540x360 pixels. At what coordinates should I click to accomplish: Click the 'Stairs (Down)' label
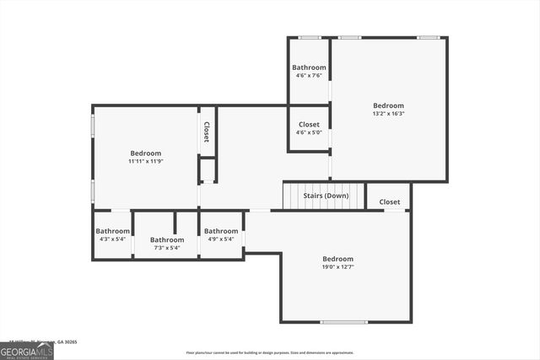(x=326, y=196)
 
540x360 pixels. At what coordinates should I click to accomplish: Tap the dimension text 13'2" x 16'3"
(x=388, y=114)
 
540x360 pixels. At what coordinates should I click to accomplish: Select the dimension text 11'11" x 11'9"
(x=145, y=161)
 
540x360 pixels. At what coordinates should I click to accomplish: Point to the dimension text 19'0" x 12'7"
(x=337, y=267)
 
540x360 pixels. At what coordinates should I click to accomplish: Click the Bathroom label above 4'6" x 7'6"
(x=309, y=67)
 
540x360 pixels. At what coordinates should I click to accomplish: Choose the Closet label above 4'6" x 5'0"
(x=309, y=124)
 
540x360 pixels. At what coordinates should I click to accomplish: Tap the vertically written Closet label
(x=206, y=132)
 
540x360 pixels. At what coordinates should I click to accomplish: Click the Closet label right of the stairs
(x=390, y=201)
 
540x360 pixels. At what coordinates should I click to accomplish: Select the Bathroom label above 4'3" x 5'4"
(x=112, y=231)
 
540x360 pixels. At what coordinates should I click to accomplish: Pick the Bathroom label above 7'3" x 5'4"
(x=167, y=239)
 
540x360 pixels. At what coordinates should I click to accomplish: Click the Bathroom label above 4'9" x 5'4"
(x=221, y=231)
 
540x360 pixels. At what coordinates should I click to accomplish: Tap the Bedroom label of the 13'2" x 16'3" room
(x=388, y=105)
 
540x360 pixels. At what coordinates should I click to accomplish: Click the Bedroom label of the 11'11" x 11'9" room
(x=145, y=153)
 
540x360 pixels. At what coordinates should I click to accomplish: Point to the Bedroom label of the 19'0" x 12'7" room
(x=337, y=259)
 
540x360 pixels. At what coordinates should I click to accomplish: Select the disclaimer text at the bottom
(x=269, y=352)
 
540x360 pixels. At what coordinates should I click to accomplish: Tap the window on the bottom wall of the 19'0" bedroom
(x=343, y=322)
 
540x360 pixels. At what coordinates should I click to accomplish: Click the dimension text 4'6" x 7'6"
(x=309, y=75)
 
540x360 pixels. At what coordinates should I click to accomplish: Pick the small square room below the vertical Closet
(x=208, y=170)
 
